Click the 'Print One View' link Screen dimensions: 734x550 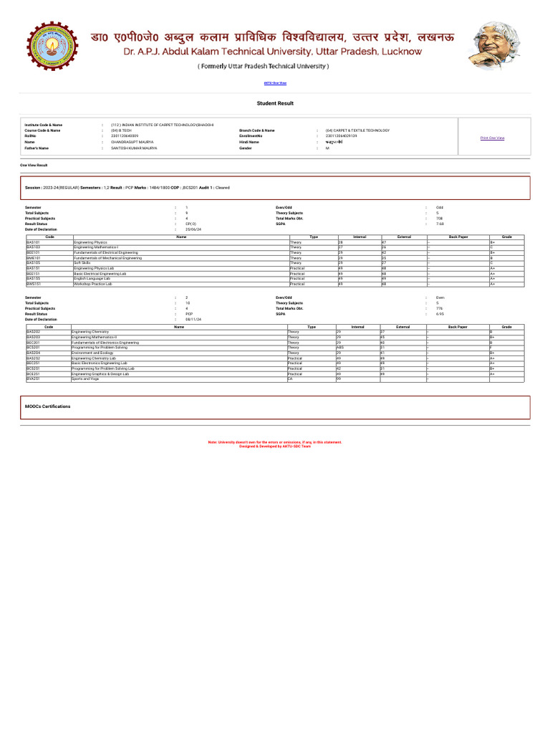(492, 138)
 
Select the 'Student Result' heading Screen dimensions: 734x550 (275, 103)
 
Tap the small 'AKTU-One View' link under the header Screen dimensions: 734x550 (275, 83)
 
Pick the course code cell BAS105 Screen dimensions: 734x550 (34, 263)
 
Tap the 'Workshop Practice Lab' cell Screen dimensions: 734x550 (93, 284)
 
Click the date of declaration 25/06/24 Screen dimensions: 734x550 (193, 229)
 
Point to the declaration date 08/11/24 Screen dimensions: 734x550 (193, 319)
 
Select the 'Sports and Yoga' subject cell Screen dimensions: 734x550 (86, 378)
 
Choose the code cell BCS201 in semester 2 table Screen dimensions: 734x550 (34, 348)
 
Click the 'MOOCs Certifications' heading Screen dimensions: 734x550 (48, 406)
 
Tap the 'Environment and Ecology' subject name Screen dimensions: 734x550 (92, 353)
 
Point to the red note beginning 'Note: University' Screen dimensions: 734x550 (275, 442)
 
